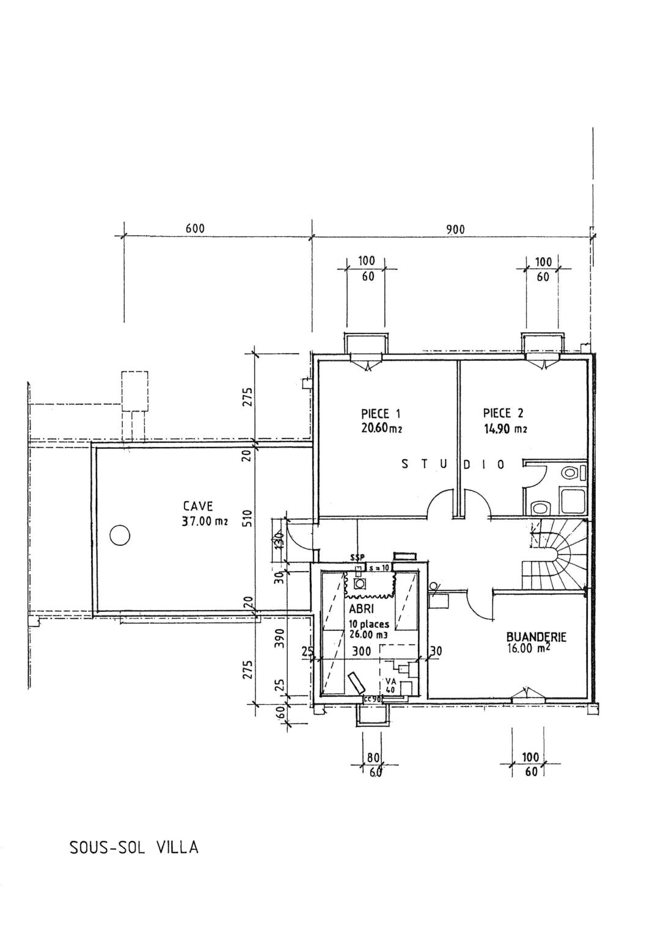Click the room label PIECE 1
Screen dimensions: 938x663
(x=381, y=413)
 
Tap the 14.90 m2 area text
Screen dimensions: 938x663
(x=505, y=429)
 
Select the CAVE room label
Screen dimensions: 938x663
(x=198, y=506)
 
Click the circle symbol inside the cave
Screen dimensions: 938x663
(x=120, y=536)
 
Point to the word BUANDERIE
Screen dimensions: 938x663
(x=536, y=637)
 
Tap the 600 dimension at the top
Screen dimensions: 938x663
(x=195, y=229)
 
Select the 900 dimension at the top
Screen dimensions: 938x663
(x=455, y=230)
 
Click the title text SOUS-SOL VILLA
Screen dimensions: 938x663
(x=134, y=848)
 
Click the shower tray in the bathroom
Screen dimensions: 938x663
(x=573, y=501)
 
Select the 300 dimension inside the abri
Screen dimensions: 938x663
(x=362, y=652)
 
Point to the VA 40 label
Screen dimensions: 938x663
(x=389, y=685)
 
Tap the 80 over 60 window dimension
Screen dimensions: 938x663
(x=372, y=764)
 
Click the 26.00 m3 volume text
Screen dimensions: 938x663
(x=368, y=634)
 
